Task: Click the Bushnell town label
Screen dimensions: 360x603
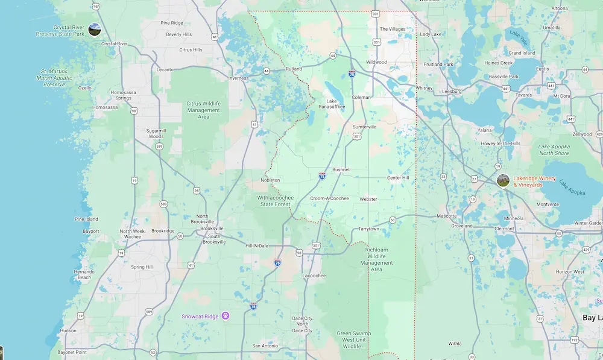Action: [341, 170]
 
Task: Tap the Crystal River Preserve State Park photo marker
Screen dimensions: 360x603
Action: [94, 29]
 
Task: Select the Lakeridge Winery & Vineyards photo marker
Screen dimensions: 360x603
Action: [503, 180]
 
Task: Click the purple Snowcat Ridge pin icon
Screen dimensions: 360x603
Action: [226, 315]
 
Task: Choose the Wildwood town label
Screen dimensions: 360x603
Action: [376, 62]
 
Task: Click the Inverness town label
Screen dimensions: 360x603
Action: [238, 78]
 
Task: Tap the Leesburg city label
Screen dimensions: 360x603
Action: [452, 91]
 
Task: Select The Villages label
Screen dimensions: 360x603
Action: [393, 29]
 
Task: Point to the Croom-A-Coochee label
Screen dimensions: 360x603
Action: [329, 198]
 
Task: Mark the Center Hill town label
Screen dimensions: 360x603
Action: [398, 178]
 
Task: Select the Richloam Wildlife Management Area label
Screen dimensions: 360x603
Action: [376, 259]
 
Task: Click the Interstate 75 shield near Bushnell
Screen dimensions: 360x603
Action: [323, 176]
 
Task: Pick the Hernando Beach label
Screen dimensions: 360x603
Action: [84, 274]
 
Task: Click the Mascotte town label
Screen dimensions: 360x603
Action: [447, 215]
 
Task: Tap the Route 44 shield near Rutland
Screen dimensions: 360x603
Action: [267, 71]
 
